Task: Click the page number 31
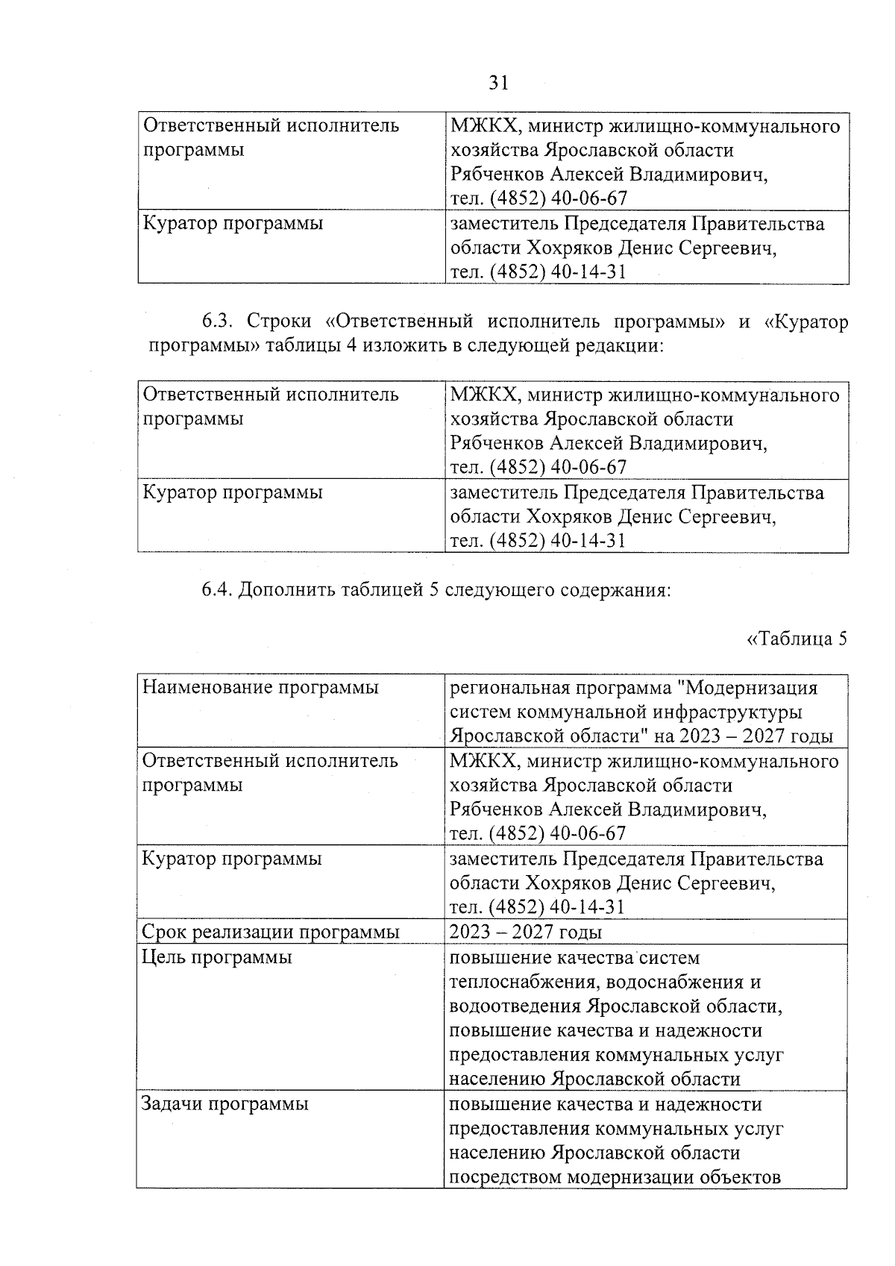point(498,83)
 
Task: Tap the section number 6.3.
point(219,322)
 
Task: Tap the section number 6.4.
point(219,591)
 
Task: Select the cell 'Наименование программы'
point(260,687)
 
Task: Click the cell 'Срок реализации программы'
point(271,933)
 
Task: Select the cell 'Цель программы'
point(217,957)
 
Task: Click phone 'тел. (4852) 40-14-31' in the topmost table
point(538,272)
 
